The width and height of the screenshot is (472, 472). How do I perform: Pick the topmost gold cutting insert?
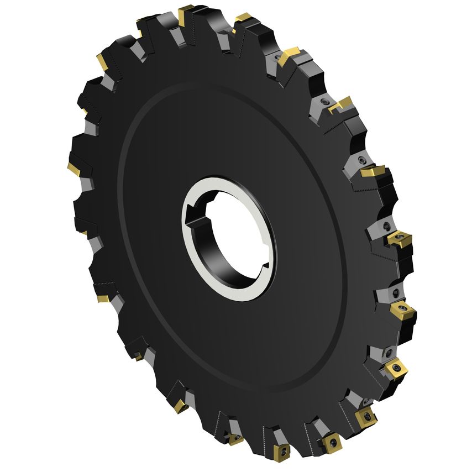tap(186, 12)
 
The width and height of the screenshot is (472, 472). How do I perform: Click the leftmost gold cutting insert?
tap(74, 166)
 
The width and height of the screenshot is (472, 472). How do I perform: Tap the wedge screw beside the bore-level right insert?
tap(387, 227)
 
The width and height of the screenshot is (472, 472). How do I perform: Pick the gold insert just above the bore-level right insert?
tap(374, 172)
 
